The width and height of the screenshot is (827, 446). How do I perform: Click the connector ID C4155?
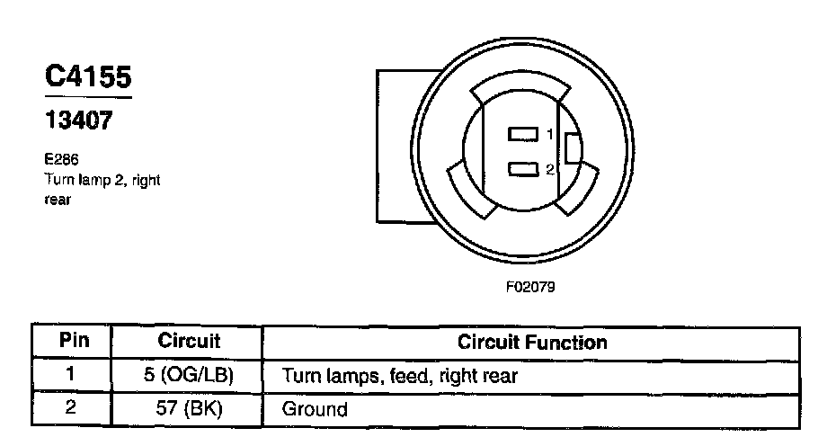click(x=88, y=77)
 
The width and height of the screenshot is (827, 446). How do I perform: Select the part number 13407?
click(x=79, y=120)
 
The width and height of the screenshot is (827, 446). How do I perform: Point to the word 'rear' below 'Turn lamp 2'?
click(x=57, y=200)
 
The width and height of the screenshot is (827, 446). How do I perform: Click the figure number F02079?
click(x=529, y=290)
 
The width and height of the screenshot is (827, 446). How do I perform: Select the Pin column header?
click(x=72, y=342)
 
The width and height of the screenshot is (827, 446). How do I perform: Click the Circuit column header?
click(x=189, y=342)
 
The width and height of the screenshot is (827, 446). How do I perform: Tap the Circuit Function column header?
click(x=532, y=342)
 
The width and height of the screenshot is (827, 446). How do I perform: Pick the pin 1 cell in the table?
click(x=72, y=375)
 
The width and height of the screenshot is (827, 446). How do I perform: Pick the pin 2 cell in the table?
click(x=72, y=408)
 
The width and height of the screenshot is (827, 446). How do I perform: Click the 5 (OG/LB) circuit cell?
click(x=189, y=375)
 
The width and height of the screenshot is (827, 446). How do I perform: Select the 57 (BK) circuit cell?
click(x=189, y=408)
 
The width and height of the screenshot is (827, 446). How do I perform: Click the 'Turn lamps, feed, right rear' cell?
click(x=400, y=375)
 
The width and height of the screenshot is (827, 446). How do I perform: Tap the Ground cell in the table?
click(x=315, y=409)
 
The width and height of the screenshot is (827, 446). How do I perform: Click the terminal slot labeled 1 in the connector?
click(x=522, y=134)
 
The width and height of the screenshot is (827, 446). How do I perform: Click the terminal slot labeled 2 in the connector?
click(x=522, y=168)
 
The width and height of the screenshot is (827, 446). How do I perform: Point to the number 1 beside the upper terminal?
click(x=549, y=135)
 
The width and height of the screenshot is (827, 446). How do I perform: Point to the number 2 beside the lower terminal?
click(x=549, y=168)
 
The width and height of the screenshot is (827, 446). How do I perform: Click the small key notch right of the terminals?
click(x=571, y=148)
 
